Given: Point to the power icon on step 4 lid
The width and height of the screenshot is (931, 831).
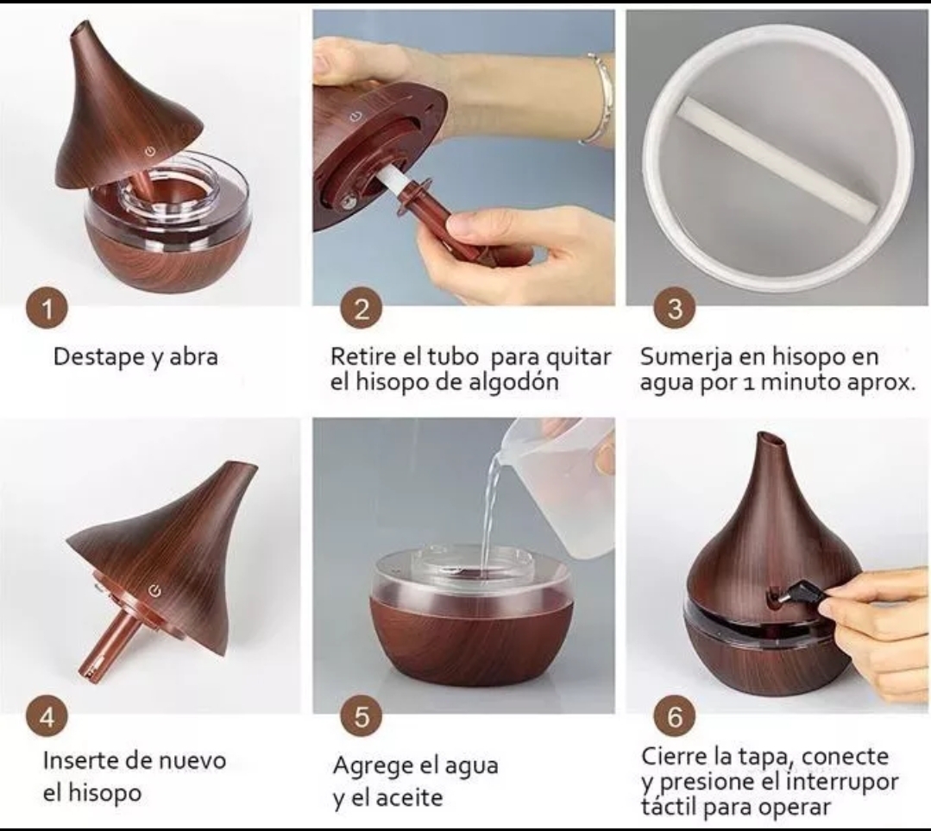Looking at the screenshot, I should click(154, 590).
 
